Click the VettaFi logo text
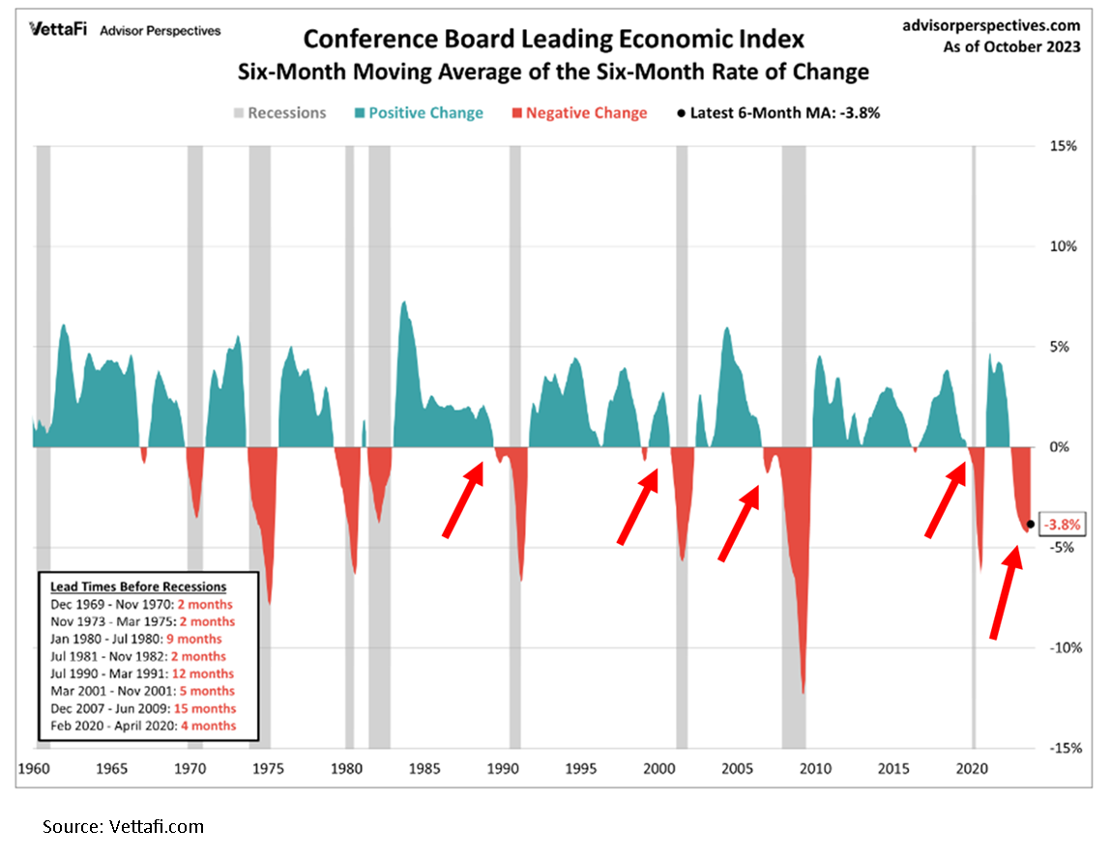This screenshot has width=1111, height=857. click(55, 30)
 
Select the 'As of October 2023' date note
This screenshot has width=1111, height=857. click(1012, 47)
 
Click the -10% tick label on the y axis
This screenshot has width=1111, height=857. click(1061, 647)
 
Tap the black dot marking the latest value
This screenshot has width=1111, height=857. click(1031, 525)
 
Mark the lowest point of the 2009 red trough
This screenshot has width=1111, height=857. click(803, 692)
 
